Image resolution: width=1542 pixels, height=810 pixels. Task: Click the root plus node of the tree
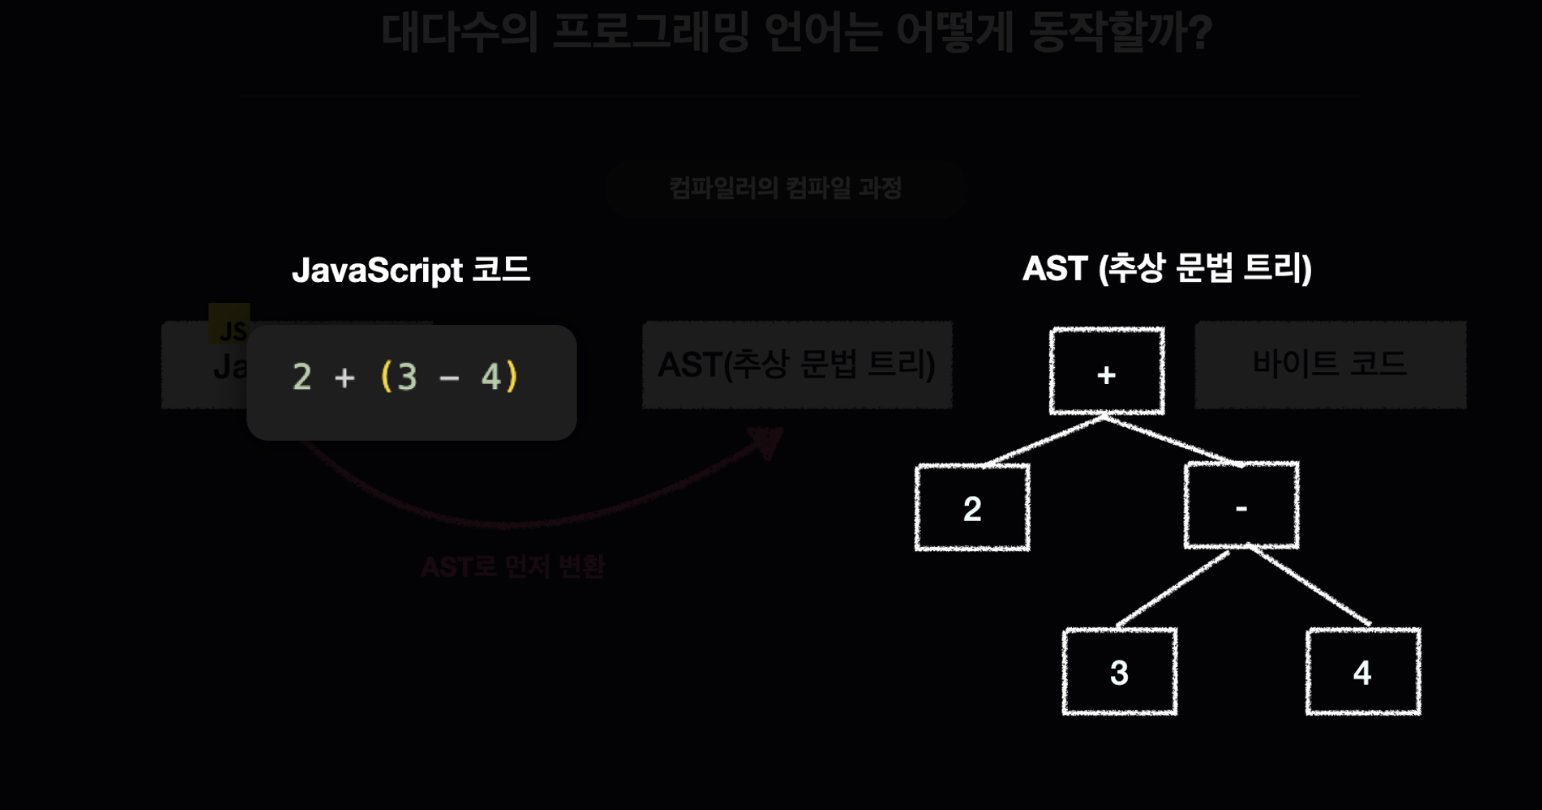tap(1106, 371)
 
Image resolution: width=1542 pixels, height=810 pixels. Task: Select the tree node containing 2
tap(972, 507)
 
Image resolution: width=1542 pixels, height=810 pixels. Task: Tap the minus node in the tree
tap(1241, 506)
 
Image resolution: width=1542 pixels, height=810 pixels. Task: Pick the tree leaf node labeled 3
tap(1119, 671)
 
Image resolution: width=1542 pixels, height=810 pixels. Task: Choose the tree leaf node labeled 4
tap(1363, 671)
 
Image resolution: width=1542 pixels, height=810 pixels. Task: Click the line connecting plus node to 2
tap(1042, 441)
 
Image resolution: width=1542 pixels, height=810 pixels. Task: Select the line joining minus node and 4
tap(1310, 589)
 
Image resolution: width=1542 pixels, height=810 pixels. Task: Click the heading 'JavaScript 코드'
tap(410, 270)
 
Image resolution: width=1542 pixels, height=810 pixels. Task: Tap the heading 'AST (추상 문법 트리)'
tap(1166, 268)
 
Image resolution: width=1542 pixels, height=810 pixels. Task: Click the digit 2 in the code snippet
tap(302, 377)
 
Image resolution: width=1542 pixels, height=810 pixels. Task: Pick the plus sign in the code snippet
tap(345, 378)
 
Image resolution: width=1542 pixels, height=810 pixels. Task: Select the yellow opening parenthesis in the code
tap(386, 377)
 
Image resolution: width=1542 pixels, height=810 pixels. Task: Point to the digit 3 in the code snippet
tap(407, 377)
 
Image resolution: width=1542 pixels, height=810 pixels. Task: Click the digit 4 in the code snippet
tap(490, 377)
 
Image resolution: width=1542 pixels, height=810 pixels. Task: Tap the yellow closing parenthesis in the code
tap(512, 377)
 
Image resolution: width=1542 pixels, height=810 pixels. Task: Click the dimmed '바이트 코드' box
tap(1330, 364)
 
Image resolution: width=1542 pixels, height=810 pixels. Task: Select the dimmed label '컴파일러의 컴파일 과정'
tap(785, 188)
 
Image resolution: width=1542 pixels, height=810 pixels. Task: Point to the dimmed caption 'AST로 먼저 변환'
tap(512, 567)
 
